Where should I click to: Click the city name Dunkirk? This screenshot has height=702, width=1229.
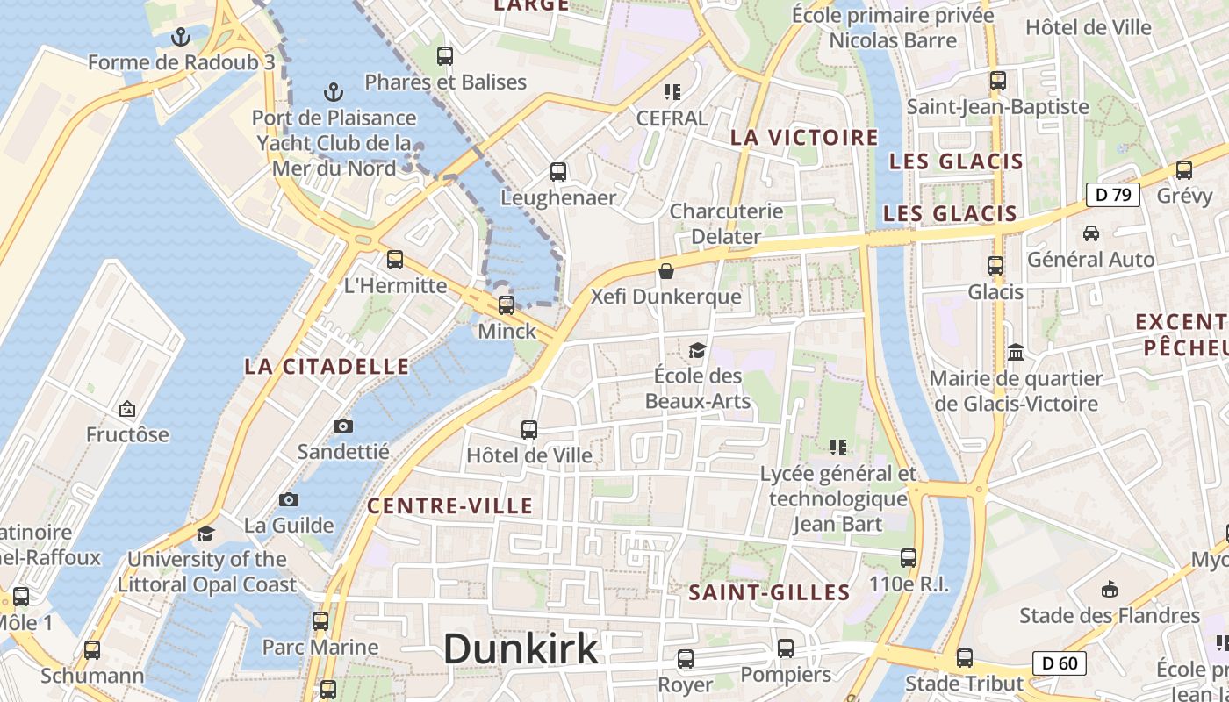pyautogui.click(x=521, y=649)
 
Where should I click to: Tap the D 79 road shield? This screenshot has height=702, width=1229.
pyautogui.click(x=1112, y=195)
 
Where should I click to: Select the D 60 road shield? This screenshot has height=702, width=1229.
pyautogui.click(x=1059, y=663)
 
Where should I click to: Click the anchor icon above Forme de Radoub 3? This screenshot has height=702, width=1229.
pyautogui.click(x=181, y=37)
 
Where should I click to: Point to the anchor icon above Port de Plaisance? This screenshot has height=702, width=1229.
pyautogui.click(x=333, y=91)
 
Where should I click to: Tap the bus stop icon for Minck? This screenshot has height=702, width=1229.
pyautogui.click(x=507, y=305)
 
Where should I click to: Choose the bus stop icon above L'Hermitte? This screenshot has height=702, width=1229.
pyautogui.click(x=395, y=259)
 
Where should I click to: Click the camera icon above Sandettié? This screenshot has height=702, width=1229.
pyautogui.click(x=343, y=426)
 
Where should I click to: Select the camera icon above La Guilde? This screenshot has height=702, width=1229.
pyautogui.click(x=289, y=500)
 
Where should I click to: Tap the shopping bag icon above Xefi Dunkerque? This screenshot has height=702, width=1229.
pyautogui.click(x=666, y=271)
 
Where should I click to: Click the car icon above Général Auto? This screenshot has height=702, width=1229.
pyautogui.click(x=1091, y=233)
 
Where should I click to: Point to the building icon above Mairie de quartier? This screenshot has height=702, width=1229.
pyautogui.click(x=1016, y=352)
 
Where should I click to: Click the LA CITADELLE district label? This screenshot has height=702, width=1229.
pyautogui.click(x=327, y=367)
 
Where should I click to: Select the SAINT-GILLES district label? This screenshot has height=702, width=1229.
pyautogui.click(x=769, y=593)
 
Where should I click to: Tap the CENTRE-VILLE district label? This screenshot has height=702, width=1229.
pyautogui.click(x=449, y=506)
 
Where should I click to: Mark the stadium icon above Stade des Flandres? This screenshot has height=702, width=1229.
pyautogui.click(x=1110, y=590)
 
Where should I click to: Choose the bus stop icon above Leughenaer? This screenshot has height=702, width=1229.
pyautogui.click(x=558, y=172)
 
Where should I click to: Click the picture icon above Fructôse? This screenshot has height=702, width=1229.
pyautogui.click(x=127, y=409)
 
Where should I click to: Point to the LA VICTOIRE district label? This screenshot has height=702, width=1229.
pyautogui.click(x=804, y=138)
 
